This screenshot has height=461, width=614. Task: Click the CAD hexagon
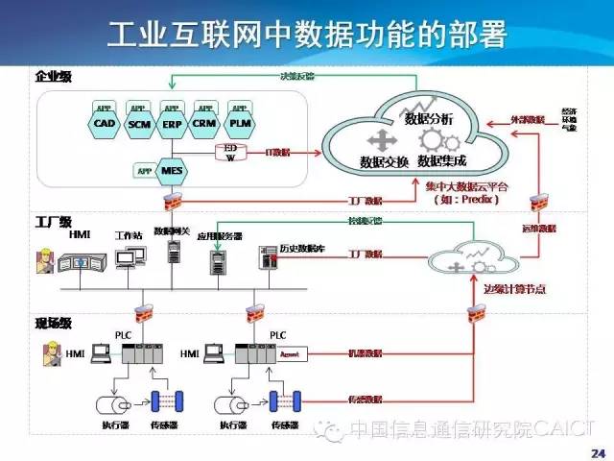tap(105, 124)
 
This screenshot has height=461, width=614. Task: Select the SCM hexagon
tap(139, 124)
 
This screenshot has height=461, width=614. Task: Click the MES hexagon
tap(172, 170)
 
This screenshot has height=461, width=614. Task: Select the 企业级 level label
tap(53, 76)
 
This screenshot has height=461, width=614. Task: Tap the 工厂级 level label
tap(53, 222)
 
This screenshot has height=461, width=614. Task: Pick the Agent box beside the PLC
tap(290, 354)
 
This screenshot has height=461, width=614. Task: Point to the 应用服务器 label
tap(219, 234)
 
